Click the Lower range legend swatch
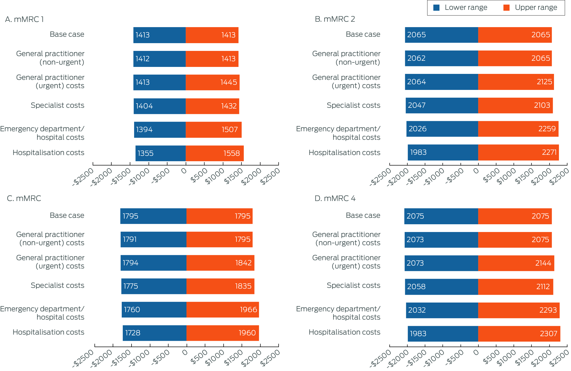pyautogui.click(x=436, y=8)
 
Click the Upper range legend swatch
pyautogui.click(x=506, y=8)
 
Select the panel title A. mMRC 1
pyautogui.click(x=24, y=19)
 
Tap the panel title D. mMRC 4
pyautogui.click(x=335, y=198)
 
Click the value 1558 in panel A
pyautogui.click(x=232, y=153)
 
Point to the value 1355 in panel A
pyautogui.click(x=145, y=153)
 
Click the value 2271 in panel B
pyautogui.click(x=549, y=152)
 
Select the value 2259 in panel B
pyautogui.click(x=547, y=129)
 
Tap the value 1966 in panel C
pyautogui.click(x=248, y=310)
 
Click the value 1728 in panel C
pyautogui.click(x=133, y=333)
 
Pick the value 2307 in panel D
pyautogui.click(x=548, y=334)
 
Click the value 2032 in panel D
pyautogui.click(x=417, y=310)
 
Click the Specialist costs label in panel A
pyautogui.click(x=57, y=105)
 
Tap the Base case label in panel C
pyautogui.click(x=67, y=215)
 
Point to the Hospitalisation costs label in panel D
pyautogui.click(x=344, y=332)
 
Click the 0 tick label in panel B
pyautogui.click(x=476, y=171)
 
